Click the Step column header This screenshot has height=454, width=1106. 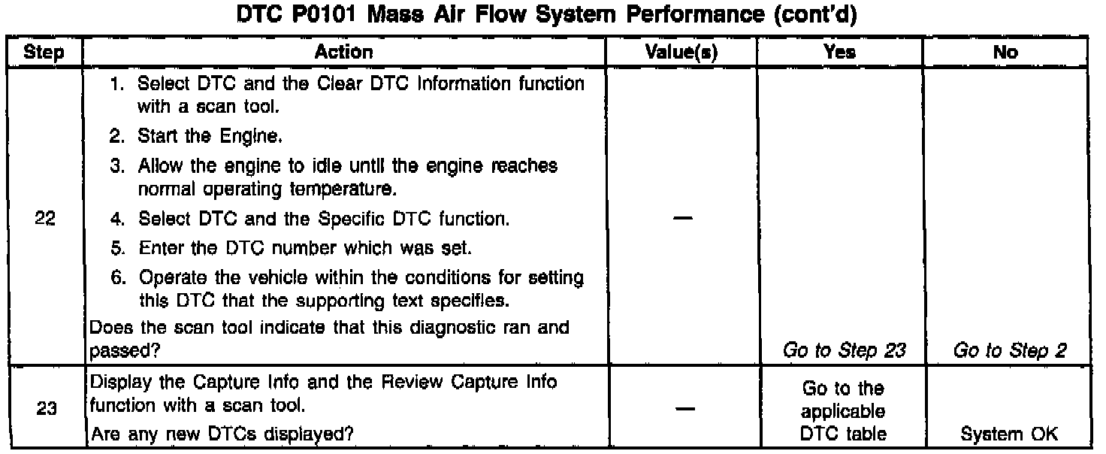43,52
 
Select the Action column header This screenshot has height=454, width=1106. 343,52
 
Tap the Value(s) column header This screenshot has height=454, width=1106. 683,52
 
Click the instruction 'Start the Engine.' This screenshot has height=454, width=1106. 199,137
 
